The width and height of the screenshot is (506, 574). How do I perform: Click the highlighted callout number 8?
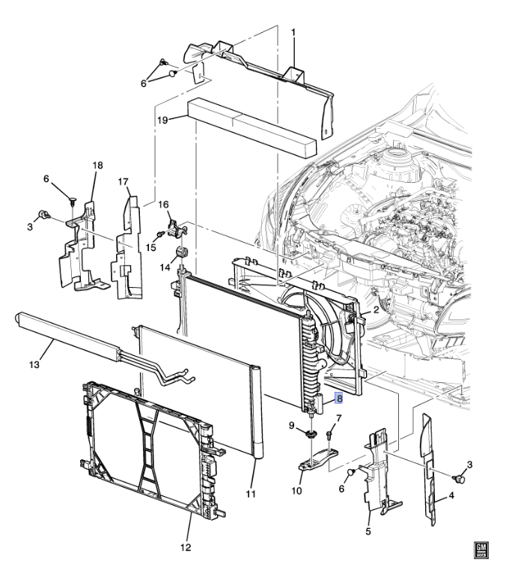click(339, 398)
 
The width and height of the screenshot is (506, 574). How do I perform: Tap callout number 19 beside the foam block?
click(162, 120)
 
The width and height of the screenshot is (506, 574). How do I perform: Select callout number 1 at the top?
click(293, 33)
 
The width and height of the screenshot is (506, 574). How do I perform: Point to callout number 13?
click(34, 365)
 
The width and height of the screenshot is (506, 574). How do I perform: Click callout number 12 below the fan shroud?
click(186, 547)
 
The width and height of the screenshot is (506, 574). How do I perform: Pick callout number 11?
click(251, 494)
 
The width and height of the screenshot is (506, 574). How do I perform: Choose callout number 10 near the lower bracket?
click(296, 491)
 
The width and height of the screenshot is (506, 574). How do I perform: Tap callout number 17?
click(124, 181)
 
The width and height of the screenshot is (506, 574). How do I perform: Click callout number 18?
click(97, 166)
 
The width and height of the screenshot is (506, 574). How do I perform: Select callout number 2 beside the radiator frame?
click(377, 310)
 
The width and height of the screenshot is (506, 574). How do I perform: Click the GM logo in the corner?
click(481, 551)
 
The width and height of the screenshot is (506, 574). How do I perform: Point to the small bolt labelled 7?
click(329, 435)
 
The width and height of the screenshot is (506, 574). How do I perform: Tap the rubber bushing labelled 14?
click(182, 252)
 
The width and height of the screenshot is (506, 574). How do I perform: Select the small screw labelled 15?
click(159, 234)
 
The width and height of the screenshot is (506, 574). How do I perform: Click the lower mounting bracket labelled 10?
click(317, 458)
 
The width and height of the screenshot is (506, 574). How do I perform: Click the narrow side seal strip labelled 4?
click(429, 471)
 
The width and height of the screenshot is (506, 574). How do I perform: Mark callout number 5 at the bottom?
click(368, 531)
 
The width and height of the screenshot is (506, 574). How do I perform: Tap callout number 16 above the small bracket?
click(163, 205)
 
